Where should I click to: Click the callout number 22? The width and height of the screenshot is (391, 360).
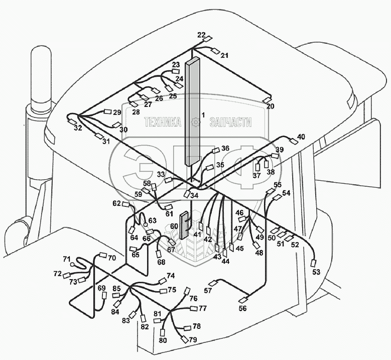tap(201, 35)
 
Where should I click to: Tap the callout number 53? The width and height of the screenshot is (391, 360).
tap(315, 272)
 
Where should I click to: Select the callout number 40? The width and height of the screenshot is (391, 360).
tap(301, 137)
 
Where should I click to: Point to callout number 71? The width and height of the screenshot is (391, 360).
tap(67, 259)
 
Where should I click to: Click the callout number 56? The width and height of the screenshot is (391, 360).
tap(242, 309)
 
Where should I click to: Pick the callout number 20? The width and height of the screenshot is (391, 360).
tap(270, 106)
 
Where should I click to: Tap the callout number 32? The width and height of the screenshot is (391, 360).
tap(77, 128)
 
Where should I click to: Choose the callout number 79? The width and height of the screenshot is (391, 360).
tap(193, 340)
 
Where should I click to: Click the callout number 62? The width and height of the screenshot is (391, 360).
tap(117, 203)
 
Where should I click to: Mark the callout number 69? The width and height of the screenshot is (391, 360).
tap(102, 288)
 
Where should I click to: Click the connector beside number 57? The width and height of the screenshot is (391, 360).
tap(213, 284)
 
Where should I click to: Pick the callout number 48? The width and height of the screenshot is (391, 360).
tap(259, 253)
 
